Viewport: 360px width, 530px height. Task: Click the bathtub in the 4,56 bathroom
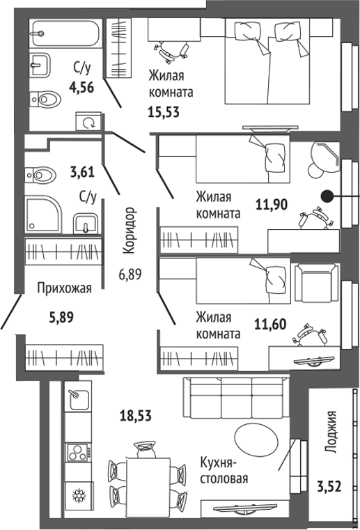(65, 33)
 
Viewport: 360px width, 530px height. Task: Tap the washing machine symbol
(88, 122)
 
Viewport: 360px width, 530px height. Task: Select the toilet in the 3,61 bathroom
(40, 175)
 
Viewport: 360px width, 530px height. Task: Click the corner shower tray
(43, 214)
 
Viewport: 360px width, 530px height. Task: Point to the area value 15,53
(164, 112)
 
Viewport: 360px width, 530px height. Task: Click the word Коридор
(130, 231)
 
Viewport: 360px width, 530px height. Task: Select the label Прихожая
(64, 288)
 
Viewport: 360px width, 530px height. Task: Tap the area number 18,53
(136, 415)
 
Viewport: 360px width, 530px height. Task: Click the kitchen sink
(79, 399)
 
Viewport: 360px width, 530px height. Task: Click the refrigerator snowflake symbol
(79, 496)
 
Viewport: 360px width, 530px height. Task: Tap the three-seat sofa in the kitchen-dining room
(236, 398)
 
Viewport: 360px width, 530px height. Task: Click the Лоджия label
(331, 432)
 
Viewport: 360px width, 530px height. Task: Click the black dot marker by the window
(327, 196)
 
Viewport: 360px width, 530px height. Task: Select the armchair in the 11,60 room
(316, 283)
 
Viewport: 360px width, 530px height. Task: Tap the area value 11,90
(272, 204)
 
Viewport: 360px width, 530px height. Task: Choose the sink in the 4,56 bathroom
(40, 65)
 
